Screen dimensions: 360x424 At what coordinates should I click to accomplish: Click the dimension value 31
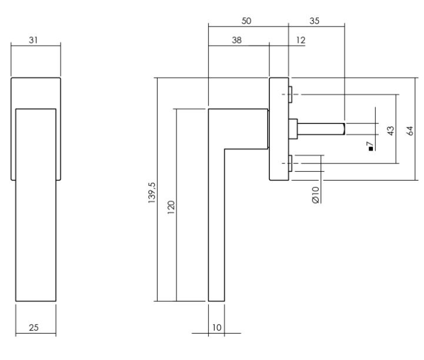35,39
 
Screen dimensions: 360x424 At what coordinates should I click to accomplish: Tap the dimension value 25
35,328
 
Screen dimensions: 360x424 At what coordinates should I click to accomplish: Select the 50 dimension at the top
248,21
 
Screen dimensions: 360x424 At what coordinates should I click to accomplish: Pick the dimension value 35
314,21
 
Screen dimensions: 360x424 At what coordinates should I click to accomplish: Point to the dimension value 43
389,131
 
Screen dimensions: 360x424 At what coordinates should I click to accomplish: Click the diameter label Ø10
315,195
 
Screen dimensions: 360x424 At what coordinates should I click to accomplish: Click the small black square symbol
370,149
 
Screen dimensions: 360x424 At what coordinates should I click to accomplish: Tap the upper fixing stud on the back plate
291,92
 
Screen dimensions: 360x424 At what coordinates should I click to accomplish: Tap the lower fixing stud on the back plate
291,162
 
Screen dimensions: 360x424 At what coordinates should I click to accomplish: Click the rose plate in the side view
279,129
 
